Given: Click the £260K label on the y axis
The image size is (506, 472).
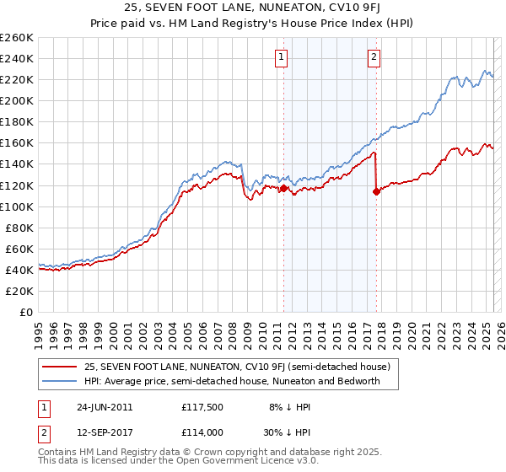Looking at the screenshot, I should [17, 38].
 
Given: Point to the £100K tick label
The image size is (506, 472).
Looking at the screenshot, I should [17, 206].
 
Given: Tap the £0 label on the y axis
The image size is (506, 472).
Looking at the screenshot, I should [26, 312].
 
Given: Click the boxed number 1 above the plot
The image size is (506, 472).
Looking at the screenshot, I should [280, 57].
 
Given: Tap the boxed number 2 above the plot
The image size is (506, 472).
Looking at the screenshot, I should [373, 57].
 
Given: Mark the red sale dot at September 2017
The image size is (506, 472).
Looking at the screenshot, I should [376, 192].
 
